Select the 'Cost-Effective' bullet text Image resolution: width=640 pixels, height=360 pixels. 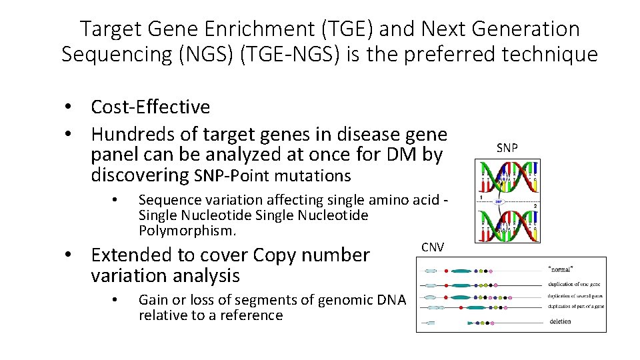[x=150, y=107]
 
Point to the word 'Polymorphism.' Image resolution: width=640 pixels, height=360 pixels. [x=187, y=231]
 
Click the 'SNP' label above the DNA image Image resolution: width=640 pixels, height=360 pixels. [x=507, y=148]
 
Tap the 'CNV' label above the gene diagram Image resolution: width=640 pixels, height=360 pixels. [x=433, y=247]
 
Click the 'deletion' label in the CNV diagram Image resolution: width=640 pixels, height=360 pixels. [x=560, y=321]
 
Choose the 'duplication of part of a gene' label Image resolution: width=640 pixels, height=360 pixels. [x=575, y=307]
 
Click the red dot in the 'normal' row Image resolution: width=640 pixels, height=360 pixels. [x=443, y=271]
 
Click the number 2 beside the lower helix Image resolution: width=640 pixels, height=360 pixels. [x=535, y=207]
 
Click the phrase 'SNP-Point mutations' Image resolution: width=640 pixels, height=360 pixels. [x=271, y=176]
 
